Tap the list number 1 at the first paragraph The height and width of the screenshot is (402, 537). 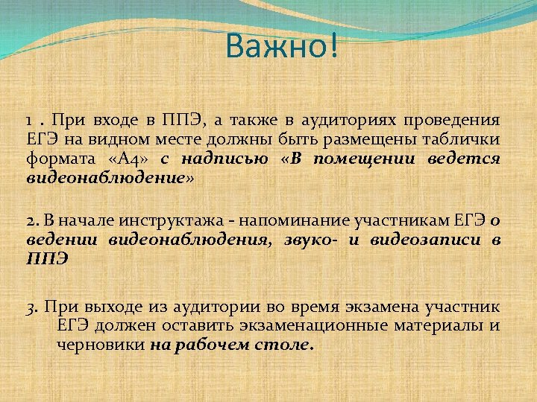point(28,121)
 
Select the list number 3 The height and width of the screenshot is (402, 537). point(30,306)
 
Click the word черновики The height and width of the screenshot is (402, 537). point(100,345)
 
